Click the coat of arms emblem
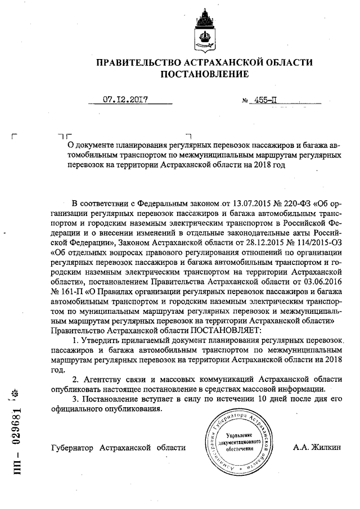point(204,29)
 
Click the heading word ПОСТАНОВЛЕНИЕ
point(204,74)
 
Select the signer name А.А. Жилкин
point(317,448)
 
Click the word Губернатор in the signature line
point(71,448)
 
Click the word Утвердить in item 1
point(103,342)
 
